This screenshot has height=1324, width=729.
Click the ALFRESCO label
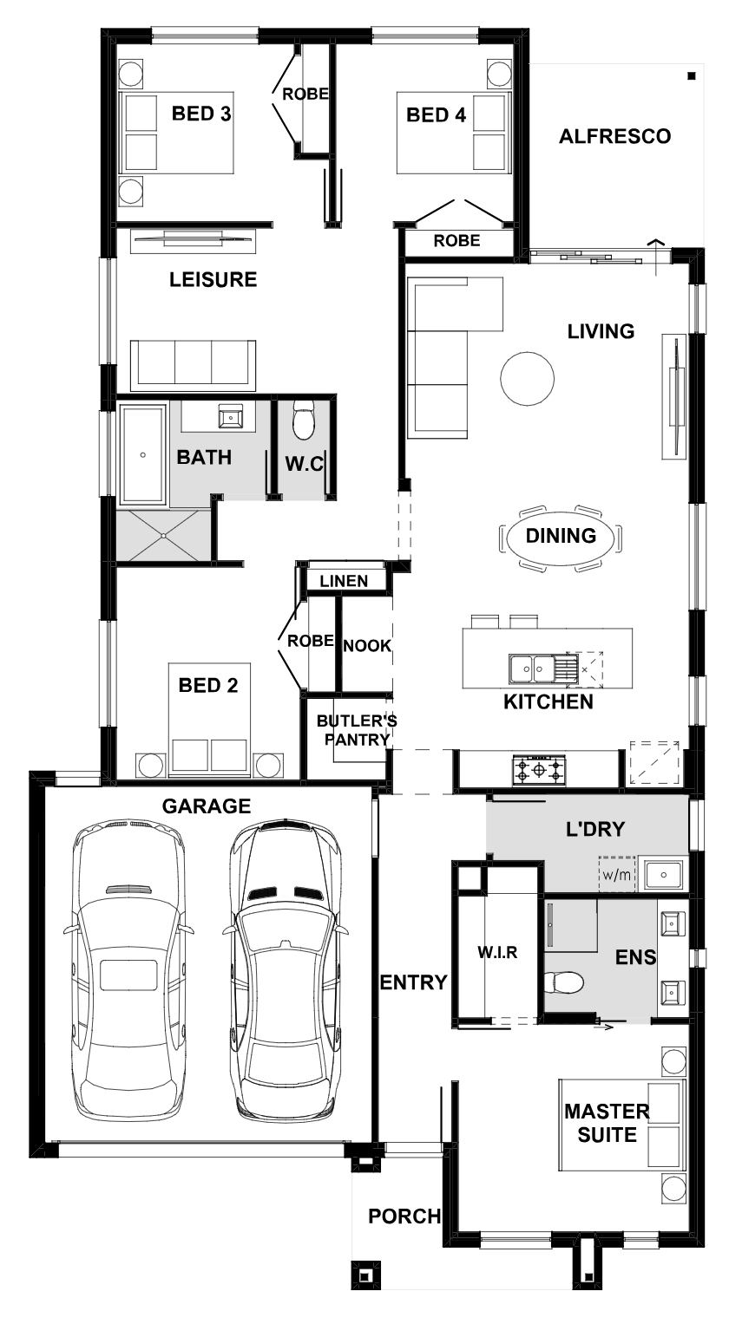point(614,136)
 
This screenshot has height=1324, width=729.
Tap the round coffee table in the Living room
point(528,379)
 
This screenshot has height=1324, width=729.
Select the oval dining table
point(561,536)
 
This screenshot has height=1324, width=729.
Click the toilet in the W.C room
point(304,421)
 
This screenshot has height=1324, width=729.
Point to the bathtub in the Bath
point(143,454)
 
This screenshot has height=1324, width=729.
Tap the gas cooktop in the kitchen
point(539,770)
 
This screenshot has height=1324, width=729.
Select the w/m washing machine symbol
point(616,874)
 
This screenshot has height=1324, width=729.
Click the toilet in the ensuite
point(563,982)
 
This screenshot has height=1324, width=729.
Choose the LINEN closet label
point(344,581)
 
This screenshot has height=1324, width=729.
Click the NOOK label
point(367,645)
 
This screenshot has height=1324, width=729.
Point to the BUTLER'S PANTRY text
point(357,730)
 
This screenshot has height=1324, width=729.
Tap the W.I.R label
point(497,952)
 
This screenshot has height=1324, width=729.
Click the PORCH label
point(404,1216)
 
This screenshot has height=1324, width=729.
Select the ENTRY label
point(414,982)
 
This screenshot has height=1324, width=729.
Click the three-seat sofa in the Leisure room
point(193,365)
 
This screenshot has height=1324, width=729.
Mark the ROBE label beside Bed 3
point(305,94)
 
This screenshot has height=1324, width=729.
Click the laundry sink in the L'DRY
point(664,874)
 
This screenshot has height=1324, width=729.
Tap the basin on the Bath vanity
point(230,417)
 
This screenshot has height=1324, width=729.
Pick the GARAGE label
point(207,806)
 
